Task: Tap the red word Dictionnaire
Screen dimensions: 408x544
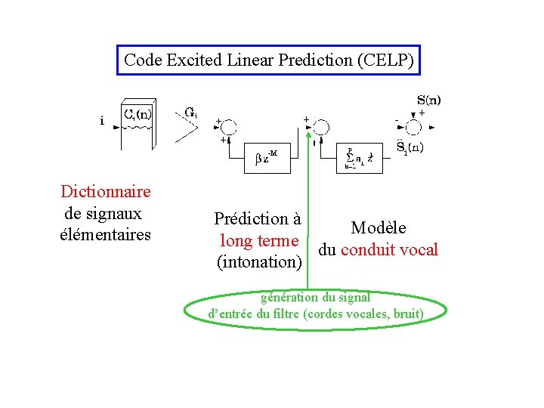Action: (106, 192)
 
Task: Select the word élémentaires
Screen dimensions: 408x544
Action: (105, 234)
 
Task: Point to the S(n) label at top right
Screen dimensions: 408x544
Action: (429, 99)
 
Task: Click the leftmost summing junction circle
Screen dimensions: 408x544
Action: (227, 127)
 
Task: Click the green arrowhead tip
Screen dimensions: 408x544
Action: (308, 131)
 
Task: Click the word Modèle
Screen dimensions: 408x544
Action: (378, 227)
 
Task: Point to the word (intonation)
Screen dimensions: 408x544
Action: (259, 262)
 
